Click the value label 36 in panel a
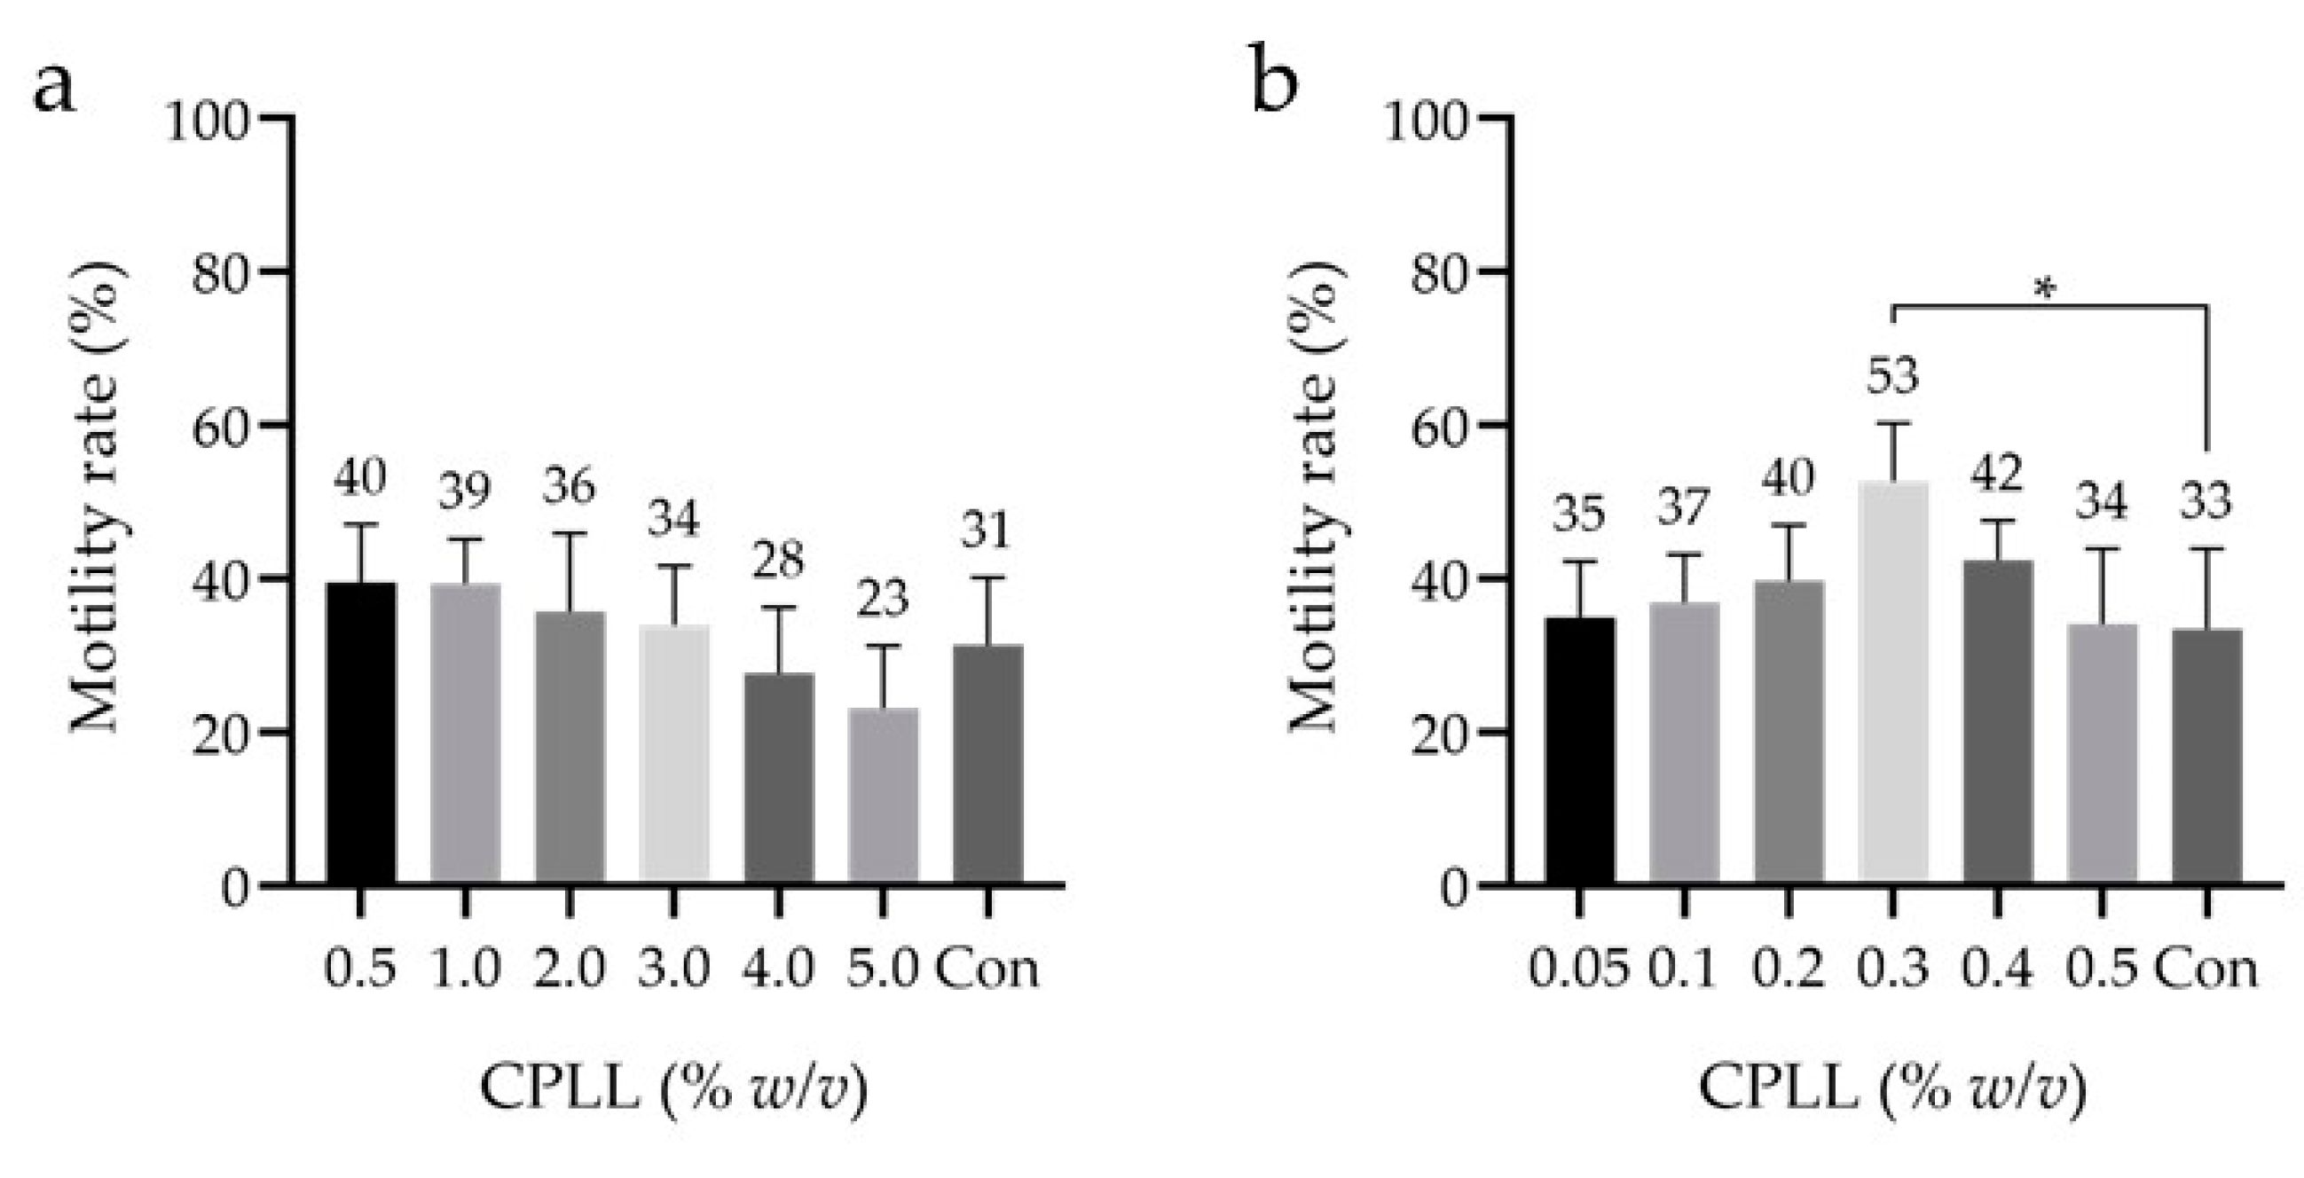tap(569, 488)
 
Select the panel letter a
tap(54, 89)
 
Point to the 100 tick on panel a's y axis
tap(208, 121)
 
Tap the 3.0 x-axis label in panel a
tap(673, 969)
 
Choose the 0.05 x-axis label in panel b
tap(1577, 969)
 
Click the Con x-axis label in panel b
tap(2206, 969)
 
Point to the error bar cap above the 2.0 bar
tap(569, 533)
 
